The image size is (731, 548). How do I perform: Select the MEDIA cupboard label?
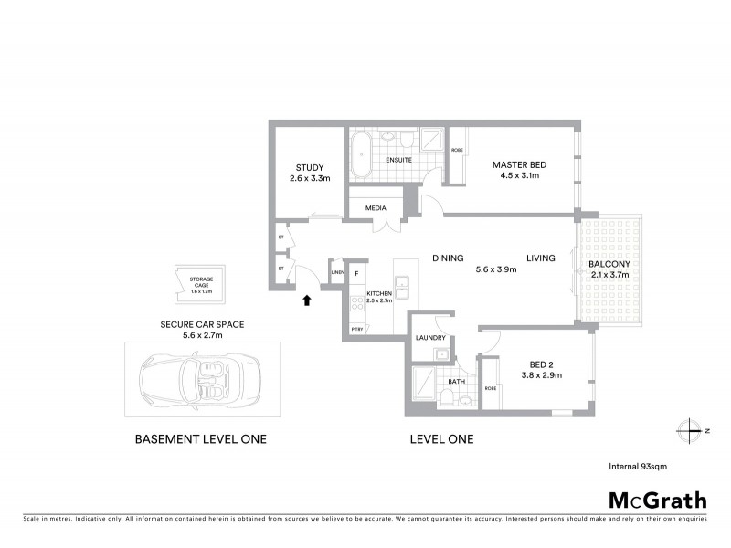click(376, 207)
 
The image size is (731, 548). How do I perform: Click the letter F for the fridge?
click(357, 273)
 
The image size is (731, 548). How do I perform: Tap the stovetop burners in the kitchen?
click(357, 304)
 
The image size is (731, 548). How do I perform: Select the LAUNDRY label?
click(429, 337)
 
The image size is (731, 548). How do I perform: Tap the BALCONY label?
click(609, 265)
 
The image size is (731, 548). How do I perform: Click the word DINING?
click(448, 258)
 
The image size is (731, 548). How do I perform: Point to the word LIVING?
click(540, 258)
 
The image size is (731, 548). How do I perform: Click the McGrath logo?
click(658, 500)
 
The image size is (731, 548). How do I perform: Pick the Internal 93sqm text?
click(637, 466)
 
